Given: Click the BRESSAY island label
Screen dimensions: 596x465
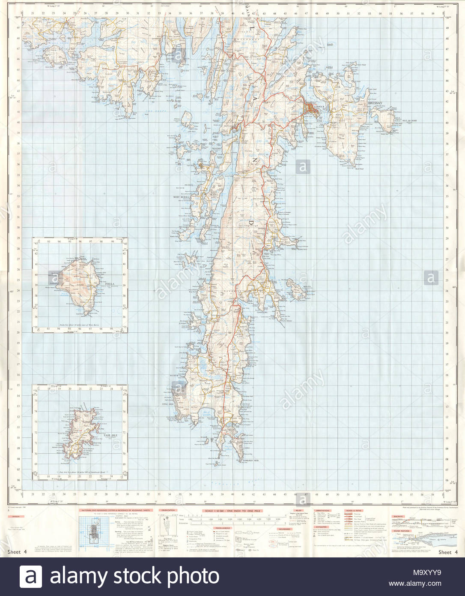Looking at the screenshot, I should pos(375,103).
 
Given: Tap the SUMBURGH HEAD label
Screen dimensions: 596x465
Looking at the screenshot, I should pos(250,461).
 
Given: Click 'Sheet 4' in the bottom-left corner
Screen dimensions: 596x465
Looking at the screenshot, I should pos(17,552).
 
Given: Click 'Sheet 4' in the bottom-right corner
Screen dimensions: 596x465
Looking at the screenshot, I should pos(448,552).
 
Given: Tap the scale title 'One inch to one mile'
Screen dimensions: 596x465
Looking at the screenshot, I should pos(232,511).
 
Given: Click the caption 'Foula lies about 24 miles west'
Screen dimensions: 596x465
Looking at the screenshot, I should pos(80,326).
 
